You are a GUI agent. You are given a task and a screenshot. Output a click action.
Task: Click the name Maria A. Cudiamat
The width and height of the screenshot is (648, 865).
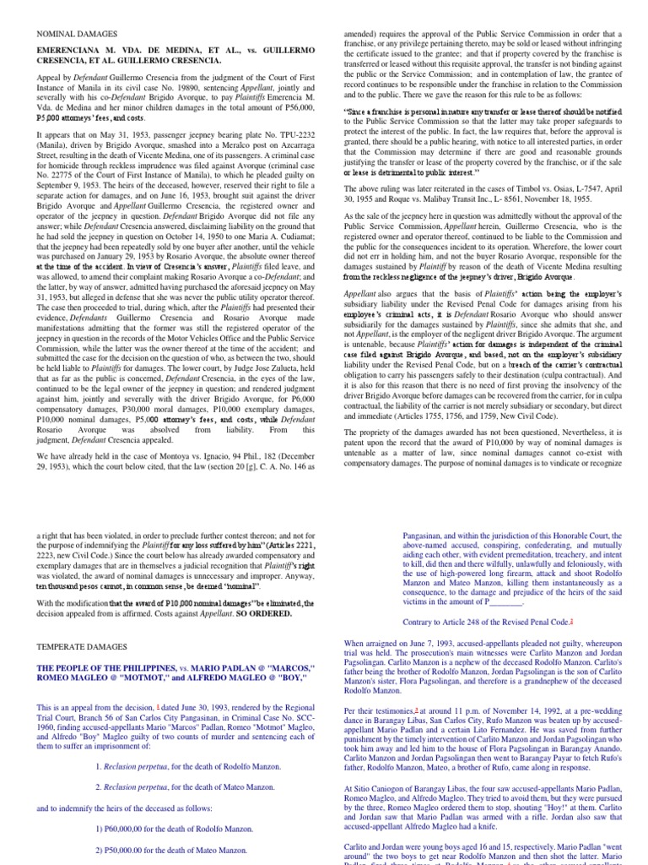coord(278,239)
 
